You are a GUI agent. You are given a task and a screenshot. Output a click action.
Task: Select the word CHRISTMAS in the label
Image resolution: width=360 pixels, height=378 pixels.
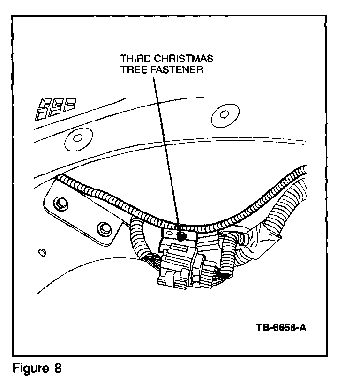coord(184,59)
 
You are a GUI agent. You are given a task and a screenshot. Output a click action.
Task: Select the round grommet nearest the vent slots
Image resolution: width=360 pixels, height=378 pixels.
coord(75,138)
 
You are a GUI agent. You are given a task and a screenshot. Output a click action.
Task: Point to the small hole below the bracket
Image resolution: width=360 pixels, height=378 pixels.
coord(42,252)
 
